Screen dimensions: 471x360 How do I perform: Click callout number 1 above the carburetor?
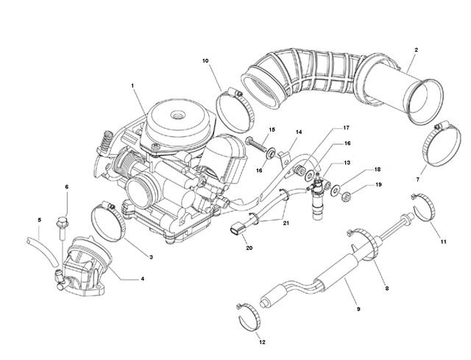coord(132,85)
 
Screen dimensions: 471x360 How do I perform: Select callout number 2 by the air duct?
coord(416,50)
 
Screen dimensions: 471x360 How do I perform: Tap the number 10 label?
coord(205,60)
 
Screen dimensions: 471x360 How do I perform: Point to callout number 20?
coord(249,248)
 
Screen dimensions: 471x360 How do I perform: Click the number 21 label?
coord(286,223)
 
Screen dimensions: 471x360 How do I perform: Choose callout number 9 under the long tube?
coord(358,308)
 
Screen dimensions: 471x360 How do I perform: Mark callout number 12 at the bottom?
coord(262,342)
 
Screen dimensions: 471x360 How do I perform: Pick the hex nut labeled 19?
coord(347,197)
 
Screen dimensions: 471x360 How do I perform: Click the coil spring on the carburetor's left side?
coord(105,141)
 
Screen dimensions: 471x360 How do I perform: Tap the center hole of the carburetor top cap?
coord(177,115)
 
